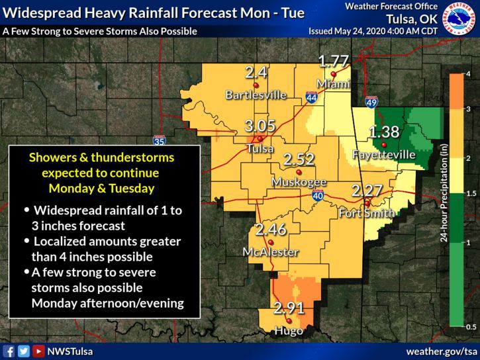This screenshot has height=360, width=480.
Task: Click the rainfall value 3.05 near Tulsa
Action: (x=258, y=126)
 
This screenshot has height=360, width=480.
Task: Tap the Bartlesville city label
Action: (x=256, y=95)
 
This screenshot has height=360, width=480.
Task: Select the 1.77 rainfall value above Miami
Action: (x=333, y=63)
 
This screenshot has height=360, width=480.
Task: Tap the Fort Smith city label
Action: (x=366, y=214)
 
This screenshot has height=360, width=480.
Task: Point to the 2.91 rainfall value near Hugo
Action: (x=289, y=308)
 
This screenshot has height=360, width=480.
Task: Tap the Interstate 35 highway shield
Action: (x=159, y=140)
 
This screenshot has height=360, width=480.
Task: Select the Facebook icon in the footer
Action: (x=9, y=351)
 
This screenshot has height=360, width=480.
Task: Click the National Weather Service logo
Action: (x=461, y=19)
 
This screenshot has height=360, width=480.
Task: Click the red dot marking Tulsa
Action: (x=262, y=138)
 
